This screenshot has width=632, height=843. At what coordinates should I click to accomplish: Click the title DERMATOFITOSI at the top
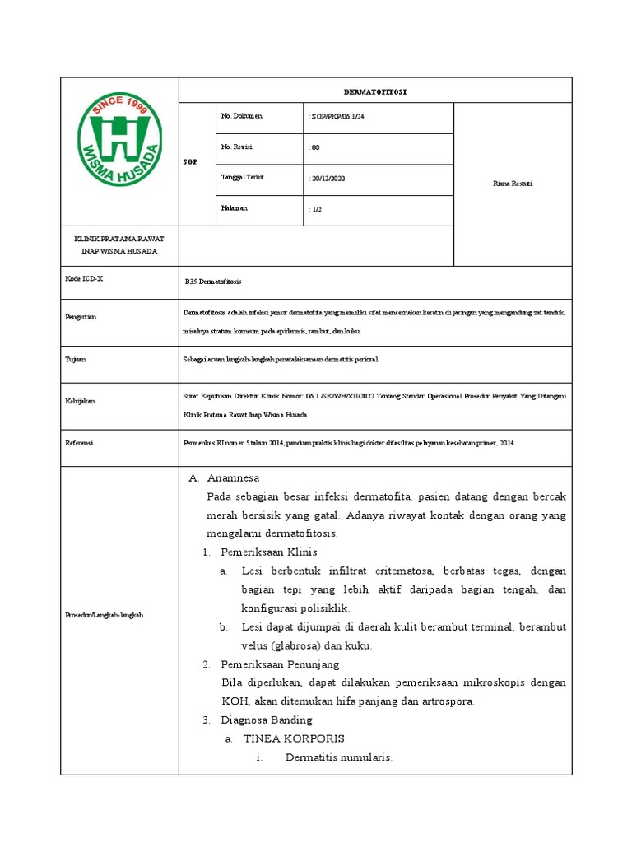click(x=374, y=91)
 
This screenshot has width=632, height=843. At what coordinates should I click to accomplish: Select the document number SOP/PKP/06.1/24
click(x=337, y=118)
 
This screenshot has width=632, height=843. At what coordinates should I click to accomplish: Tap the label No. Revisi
click(x=238, y=147)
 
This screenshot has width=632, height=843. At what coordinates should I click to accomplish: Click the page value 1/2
click(x=316, y=210)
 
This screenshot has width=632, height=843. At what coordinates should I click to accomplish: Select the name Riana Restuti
click(x=512, y=184)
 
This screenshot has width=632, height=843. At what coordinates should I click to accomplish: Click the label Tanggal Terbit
click(x=244, y=178)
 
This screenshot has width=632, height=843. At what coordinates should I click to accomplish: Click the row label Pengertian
click(x=81, y=317)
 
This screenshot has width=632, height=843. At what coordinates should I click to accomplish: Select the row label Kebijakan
click(x=81, y=401)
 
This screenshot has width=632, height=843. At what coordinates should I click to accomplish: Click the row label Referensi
click(x=80, y=443)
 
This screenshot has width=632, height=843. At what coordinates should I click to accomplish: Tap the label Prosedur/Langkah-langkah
click(x=104, y=616)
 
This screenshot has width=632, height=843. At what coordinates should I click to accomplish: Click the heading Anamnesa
click(x=233, y=477)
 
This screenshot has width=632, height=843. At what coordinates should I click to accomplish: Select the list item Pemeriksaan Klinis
click(x=268, y=552)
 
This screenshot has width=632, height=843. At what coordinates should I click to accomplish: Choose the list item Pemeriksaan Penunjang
click(x=280, y=664)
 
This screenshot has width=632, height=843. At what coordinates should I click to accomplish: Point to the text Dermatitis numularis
click(x=338, y=757)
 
